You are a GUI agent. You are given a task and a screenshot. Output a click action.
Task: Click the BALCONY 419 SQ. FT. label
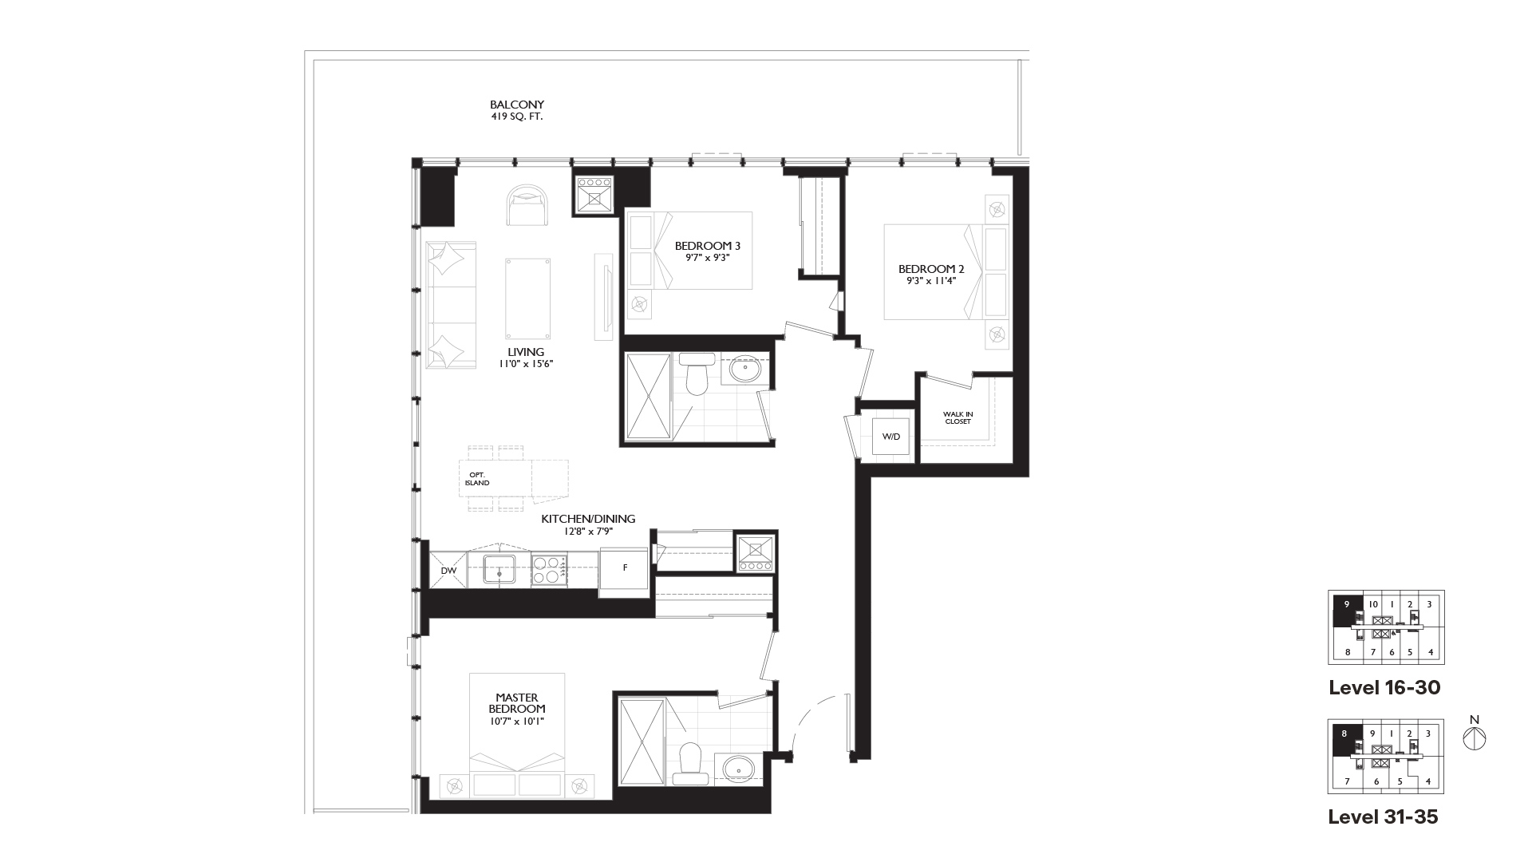[517, 110]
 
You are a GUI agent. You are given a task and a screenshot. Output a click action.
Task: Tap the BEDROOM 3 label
[702, 251]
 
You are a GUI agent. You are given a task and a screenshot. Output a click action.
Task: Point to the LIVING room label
[526, 357]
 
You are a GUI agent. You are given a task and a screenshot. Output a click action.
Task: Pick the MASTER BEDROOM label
[517, 709]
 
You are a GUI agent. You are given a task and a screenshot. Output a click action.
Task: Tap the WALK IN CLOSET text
[958, 417]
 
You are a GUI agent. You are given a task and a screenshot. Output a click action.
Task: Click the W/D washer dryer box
[891, 437]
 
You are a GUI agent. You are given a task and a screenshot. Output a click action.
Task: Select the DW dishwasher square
[448, 570]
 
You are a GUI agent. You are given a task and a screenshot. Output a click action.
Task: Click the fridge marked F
[625, 568]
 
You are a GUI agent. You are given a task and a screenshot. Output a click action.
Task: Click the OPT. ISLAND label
[477, 479]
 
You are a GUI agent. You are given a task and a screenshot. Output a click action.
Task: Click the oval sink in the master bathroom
[740, 769]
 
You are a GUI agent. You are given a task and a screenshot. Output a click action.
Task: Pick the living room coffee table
[528, 299]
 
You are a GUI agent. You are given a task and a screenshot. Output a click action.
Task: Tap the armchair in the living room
[527, 206]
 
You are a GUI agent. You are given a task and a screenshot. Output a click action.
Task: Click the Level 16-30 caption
[1384, 687]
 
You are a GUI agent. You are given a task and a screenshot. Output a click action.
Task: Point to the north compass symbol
[1475, 738]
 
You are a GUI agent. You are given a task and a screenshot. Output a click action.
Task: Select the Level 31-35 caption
[1383, 817]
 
